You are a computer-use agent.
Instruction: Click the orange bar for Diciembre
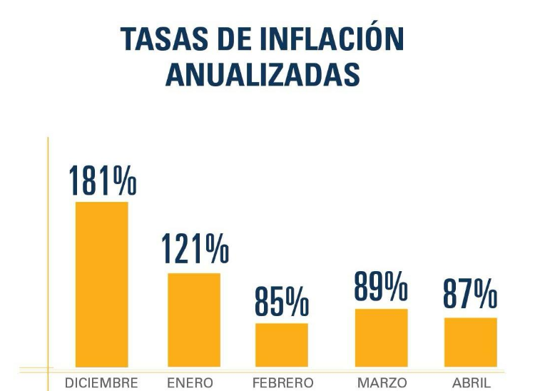coord(102,284)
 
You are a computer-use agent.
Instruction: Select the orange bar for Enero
coord(194,320)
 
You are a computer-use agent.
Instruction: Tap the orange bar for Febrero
coord(282,345)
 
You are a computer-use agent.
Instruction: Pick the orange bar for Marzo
coord(382,337)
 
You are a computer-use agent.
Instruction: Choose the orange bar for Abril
coord(471,342)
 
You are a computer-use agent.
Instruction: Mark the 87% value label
coord(470,293)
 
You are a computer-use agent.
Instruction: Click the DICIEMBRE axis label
coord(101,383)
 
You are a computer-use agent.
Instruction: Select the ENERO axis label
coord(190,383)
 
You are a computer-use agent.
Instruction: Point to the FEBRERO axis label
coord(282,383)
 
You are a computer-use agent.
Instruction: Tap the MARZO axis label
coord(382,383)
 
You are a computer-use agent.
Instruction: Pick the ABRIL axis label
coord(472,383)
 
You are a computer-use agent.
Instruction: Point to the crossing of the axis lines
coord(49,369)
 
